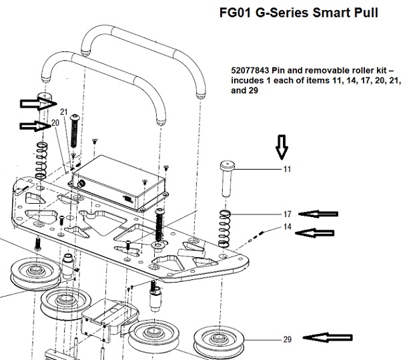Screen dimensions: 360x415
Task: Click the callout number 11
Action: (x=287, y=170)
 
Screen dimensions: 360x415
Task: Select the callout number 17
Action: (x=287, y=214)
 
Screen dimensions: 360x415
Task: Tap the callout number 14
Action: (x=287, y=227)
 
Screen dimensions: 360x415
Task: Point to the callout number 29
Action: (x=287, y=340)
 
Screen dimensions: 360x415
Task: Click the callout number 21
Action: (x=65, y=111)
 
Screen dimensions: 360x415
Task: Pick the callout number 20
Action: (x=55, y=123)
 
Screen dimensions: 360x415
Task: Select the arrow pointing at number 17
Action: (x=318, y=214)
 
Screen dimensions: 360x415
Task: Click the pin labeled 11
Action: (x=226, y=176)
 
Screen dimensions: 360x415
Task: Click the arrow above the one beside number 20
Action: (x=35, y=103)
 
